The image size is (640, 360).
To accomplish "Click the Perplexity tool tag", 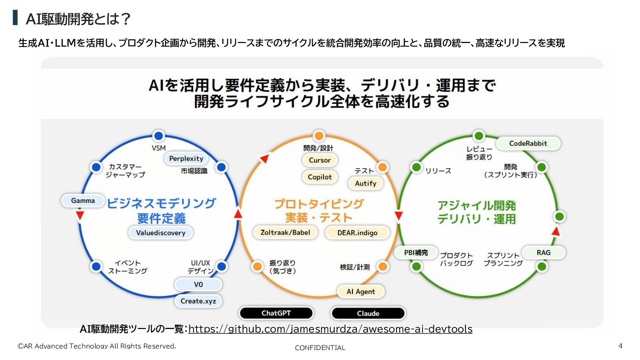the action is tap(186, 159).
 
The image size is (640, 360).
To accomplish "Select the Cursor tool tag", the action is tap(320, 160).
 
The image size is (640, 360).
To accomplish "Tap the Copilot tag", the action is tap(320, 177).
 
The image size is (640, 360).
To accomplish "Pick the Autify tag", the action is tap(365, 183).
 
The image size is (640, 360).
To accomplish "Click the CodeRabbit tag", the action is tap(528, 144).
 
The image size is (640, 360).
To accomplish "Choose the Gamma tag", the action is tap(83, 201).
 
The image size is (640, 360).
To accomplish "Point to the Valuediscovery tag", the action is tap(161, 233).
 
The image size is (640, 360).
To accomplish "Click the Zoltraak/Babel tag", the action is tap(285, 232).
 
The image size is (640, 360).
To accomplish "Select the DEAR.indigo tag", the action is tap(357, 233).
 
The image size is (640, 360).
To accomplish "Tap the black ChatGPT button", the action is tap(276, 313).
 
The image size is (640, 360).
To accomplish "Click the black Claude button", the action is tap(368, 313).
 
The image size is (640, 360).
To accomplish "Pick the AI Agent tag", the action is tap(361, 292).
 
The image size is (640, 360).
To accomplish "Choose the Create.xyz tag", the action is tap(198, 301).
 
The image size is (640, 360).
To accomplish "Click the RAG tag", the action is tap(543, 253).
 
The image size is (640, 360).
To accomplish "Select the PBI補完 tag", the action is tap(416, 253).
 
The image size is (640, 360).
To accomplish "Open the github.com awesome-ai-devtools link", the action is tap(330, 329).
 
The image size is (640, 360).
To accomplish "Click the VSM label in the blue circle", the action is tap(159, 148).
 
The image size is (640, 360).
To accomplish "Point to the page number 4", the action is tap(620, 346).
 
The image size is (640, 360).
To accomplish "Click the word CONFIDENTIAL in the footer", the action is tap(320, 348).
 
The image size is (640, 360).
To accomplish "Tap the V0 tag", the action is tap(198, 284).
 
